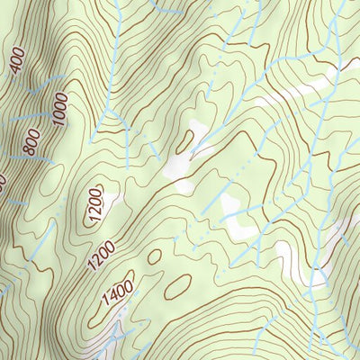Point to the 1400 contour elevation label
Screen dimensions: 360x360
pyautogui.click(x=117, y=293)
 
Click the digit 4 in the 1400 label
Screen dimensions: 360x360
pyautogui.click(x=112, y=297)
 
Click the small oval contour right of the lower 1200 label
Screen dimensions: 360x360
pyautogui.click(x=154, y=256)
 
